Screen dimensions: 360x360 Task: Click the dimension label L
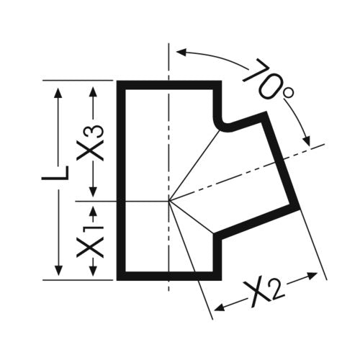[55, 173]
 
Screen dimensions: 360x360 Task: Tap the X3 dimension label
[90, 143]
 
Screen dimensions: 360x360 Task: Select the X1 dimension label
[90, 240]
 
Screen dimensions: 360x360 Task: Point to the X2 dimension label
[265, 293]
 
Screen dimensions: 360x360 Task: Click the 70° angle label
[268, 81]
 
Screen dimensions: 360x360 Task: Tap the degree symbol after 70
[288, 94]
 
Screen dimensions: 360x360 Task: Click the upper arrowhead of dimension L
[58, 93]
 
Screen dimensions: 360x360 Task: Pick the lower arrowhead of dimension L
[58, 270]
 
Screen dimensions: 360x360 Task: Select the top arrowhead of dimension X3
[93, 91]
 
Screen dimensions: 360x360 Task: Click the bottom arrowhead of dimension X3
[93, 191]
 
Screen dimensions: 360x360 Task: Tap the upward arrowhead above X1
[94, 212]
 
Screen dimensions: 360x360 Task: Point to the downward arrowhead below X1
[94, 270]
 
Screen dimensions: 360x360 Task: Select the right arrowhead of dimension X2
[312, 276]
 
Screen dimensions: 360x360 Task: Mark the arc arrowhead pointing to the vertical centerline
[181, 53]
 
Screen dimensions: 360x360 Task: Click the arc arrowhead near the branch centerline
[307, 140]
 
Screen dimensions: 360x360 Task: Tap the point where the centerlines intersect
[168, 201]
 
